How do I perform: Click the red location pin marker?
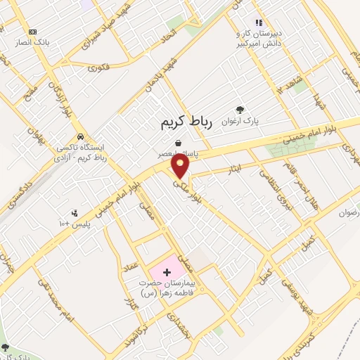(x=181, y=165)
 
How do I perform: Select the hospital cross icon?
(x=166, y=271)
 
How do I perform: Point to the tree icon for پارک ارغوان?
(x=240, y=110)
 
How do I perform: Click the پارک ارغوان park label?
(x=240, y=121)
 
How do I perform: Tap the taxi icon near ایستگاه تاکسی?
(x=81, y=136)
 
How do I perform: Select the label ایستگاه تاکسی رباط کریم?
(x=83, y=153)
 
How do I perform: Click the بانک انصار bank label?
(x=33, y=42)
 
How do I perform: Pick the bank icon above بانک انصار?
(x=33, y=32)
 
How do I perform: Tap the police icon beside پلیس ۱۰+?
(x=75, y=213)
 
